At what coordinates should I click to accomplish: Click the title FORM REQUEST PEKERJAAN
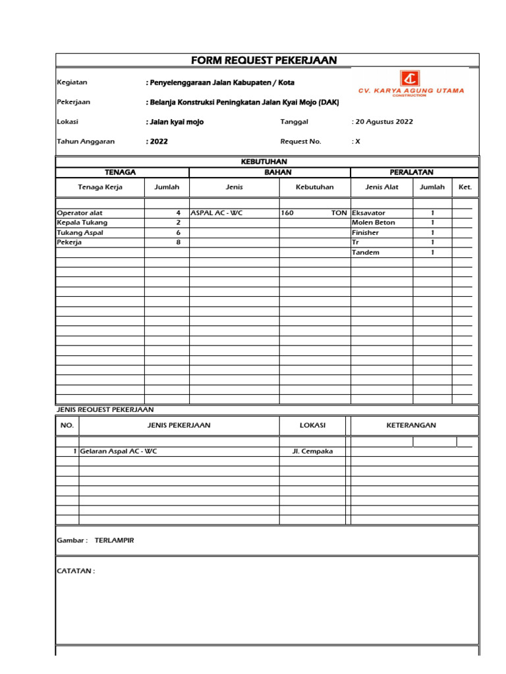tap(264, 61)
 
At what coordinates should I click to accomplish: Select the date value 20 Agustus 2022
tap(384, 122)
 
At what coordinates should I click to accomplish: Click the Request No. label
tap(300, 141)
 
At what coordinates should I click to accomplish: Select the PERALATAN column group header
tap(411, 172)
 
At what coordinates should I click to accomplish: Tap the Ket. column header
tap(465, 187)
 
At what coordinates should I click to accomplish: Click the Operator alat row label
tap(80, 213)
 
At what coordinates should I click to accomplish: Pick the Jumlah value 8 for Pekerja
tap(178, 242)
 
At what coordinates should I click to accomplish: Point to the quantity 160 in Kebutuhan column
tap(287, 213)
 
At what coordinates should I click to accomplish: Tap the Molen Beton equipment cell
tap(374, 223)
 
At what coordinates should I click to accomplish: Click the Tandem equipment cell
tap(366, 253)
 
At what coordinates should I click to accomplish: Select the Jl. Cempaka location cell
tap(312, 451)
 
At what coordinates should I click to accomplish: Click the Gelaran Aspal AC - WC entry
tap(119, 451)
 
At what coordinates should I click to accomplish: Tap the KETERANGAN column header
tap(411, 425)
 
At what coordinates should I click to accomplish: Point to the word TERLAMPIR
tap(115, 540)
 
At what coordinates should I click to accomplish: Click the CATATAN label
tap(76, 571)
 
